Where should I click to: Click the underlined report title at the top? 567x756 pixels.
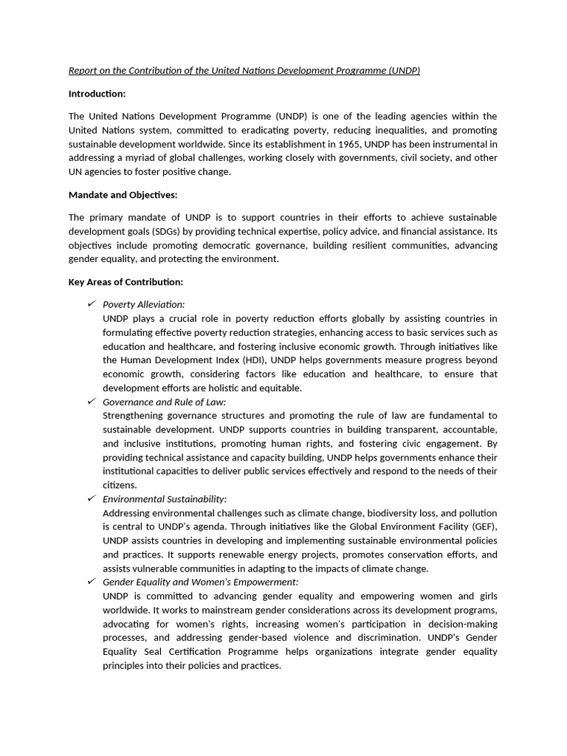(244, 71)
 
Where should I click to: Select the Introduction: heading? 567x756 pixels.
(97, 94)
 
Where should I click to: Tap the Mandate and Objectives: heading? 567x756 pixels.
(123, 195)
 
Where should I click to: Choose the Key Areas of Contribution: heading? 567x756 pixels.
(126, 282)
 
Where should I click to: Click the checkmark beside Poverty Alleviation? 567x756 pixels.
(92, 304)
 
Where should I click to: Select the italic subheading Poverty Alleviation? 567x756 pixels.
(144, 305)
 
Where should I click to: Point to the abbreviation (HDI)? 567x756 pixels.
(254, 360)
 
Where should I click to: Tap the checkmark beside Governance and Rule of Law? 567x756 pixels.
(92, 402)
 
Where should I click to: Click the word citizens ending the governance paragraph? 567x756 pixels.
(120, 486)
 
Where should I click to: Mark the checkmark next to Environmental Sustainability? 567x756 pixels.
(92, 499)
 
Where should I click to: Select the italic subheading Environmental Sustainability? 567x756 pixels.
(165, 500)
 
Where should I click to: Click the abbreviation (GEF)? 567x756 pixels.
(484, 527)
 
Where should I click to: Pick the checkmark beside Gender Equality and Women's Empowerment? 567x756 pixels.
(92, 583)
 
